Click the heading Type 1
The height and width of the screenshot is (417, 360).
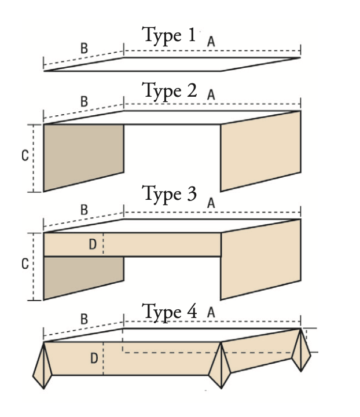click(169, 36)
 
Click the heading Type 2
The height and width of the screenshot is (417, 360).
click(169, 91)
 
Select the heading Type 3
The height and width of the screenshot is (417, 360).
click(169, 194)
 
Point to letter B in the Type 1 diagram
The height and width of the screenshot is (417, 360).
click(84, 49)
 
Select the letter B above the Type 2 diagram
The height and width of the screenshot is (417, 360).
click(84, 101)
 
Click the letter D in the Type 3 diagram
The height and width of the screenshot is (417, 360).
click(93, 244)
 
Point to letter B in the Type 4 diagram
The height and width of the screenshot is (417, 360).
click(84, 319)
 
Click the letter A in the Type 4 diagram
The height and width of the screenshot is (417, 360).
click(211, 313)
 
